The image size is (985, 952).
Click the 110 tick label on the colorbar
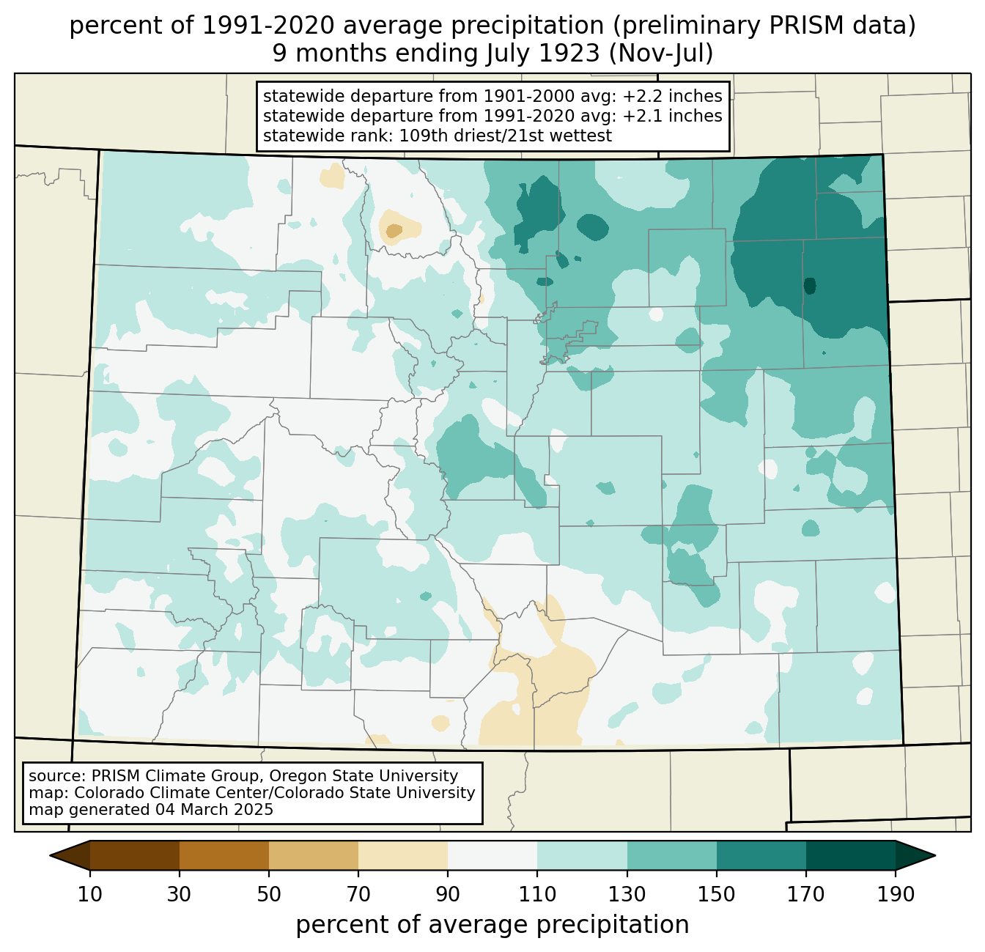coord(537,894)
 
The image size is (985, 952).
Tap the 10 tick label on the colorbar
coord(90,894)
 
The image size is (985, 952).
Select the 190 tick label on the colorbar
coord(896,894)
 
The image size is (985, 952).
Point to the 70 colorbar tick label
coord(358,894)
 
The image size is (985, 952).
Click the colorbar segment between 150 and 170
coord(761,855)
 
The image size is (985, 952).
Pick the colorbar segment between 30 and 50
coord(224,855)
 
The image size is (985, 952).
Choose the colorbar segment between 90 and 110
coord(492,855)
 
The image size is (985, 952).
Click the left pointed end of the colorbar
coord(51,855)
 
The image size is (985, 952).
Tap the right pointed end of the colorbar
coord(934,855)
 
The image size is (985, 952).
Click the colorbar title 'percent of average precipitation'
coord(492,925)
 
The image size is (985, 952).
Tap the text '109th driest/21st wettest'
coord(505,136)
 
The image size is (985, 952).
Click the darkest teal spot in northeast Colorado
coord(810,285)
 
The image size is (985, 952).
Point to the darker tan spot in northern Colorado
coord(394,231)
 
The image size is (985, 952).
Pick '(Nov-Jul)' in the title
coord(660,53)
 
